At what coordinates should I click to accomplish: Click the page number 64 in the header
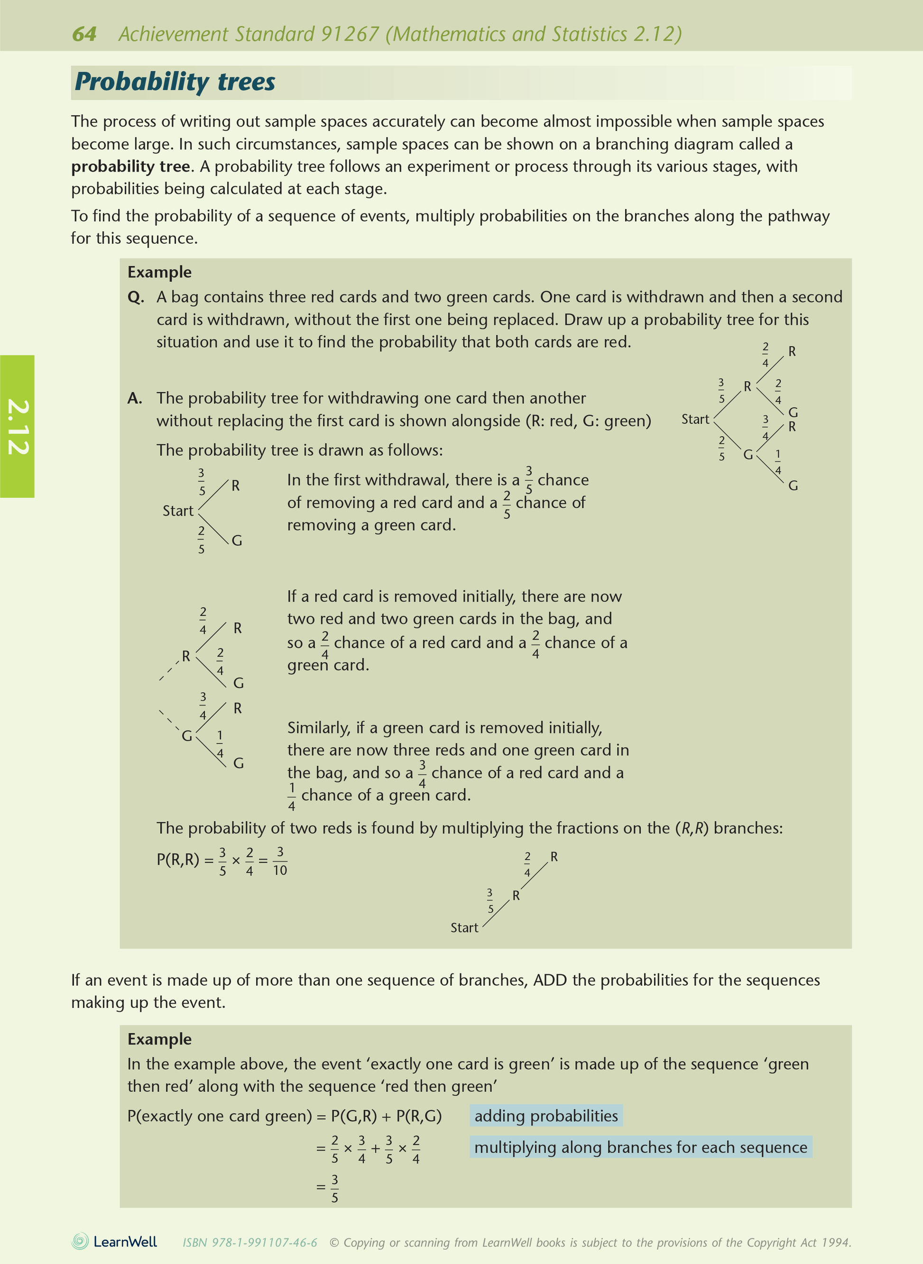tap(84, 34)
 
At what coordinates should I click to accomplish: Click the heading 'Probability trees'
tap(175, 82)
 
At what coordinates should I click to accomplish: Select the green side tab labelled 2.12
tap(18, 426)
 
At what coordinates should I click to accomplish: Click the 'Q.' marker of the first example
tap(136, 297)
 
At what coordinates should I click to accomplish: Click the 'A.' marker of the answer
tap(135, 398)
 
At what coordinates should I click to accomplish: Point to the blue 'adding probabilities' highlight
tap(546, 1116)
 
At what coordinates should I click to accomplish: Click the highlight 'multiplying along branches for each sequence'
tap(640, 1147)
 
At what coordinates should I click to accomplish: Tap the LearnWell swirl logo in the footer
tap(80, 1241)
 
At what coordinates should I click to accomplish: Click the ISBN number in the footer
tap(250, 1243)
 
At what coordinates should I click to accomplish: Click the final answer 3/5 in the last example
tap(335, 1189)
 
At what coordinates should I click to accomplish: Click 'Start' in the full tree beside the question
tap(695, 420)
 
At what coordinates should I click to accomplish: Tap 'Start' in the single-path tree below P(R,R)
tap(464, 928)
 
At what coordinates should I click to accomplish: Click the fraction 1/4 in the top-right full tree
tap(778, 462)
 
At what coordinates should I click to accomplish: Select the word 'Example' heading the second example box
tap(159, 1039)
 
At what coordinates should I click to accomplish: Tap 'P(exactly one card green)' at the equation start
tap(220, 1116)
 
